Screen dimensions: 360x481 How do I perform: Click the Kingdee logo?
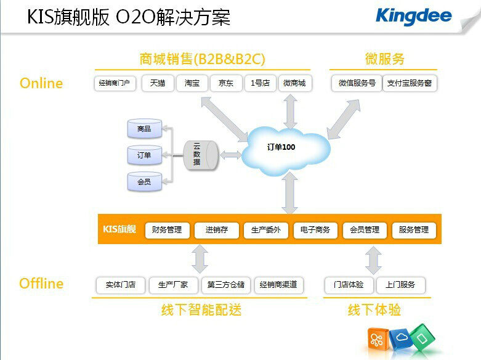413,16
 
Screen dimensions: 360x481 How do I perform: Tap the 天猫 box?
158,83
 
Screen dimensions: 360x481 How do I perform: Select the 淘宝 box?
192,83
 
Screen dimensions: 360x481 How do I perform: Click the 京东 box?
226,83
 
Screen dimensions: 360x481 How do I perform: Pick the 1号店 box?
260,83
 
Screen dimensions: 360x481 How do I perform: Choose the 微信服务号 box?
357,83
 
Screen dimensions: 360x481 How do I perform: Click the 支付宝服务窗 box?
410,83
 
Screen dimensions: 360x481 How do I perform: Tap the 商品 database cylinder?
144,129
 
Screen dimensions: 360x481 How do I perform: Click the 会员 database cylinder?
144,182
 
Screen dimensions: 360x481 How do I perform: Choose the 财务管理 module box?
167,230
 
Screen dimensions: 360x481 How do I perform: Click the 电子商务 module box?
315,230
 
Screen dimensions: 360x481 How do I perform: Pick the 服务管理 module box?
413,230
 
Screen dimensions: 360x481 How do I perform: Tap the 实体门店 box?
120,285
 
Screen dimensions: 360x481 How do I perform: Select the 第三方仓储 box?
226,285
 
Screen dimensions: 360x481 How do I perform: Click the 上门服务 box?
400,285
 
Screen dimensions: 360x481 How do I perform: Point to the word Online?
41,83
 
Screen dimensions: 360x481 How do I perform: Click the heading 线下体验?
374,309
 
